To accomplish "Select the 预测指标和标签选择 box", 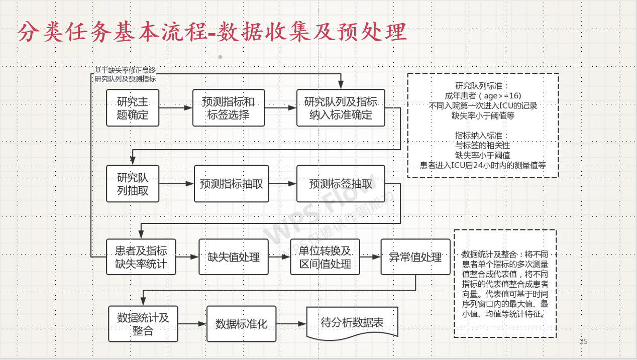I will point(229,108).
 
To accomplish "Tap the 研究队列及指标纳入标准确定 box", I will point(341,108).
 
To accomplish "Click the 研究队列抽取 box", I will point(133,184).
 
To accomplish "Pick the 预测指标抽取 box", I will point(231,184).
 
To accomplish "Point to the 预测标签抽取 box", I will point(341,184).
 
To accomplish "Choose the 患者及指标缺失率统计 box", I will point(141,257).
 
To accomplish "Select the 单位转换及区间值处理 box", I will point(325,257).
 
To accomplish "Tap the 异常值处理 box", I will point(415,257).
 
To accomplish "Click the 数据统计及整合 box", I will point(143,324).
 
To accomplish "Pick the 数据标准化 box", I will point(241,324).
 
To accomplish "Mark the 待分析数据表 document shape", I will point(352,323).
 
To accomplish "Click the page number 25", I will point(583,342).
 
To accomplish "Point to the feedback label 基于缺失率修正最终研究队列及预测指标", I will point(125,75).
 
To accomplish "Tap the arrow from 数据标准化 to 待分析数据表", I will point(291,324).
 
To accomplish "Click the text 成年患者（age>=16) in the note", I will point(483,95).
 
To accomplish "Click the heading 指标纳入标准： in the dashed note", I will point(482,136).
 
